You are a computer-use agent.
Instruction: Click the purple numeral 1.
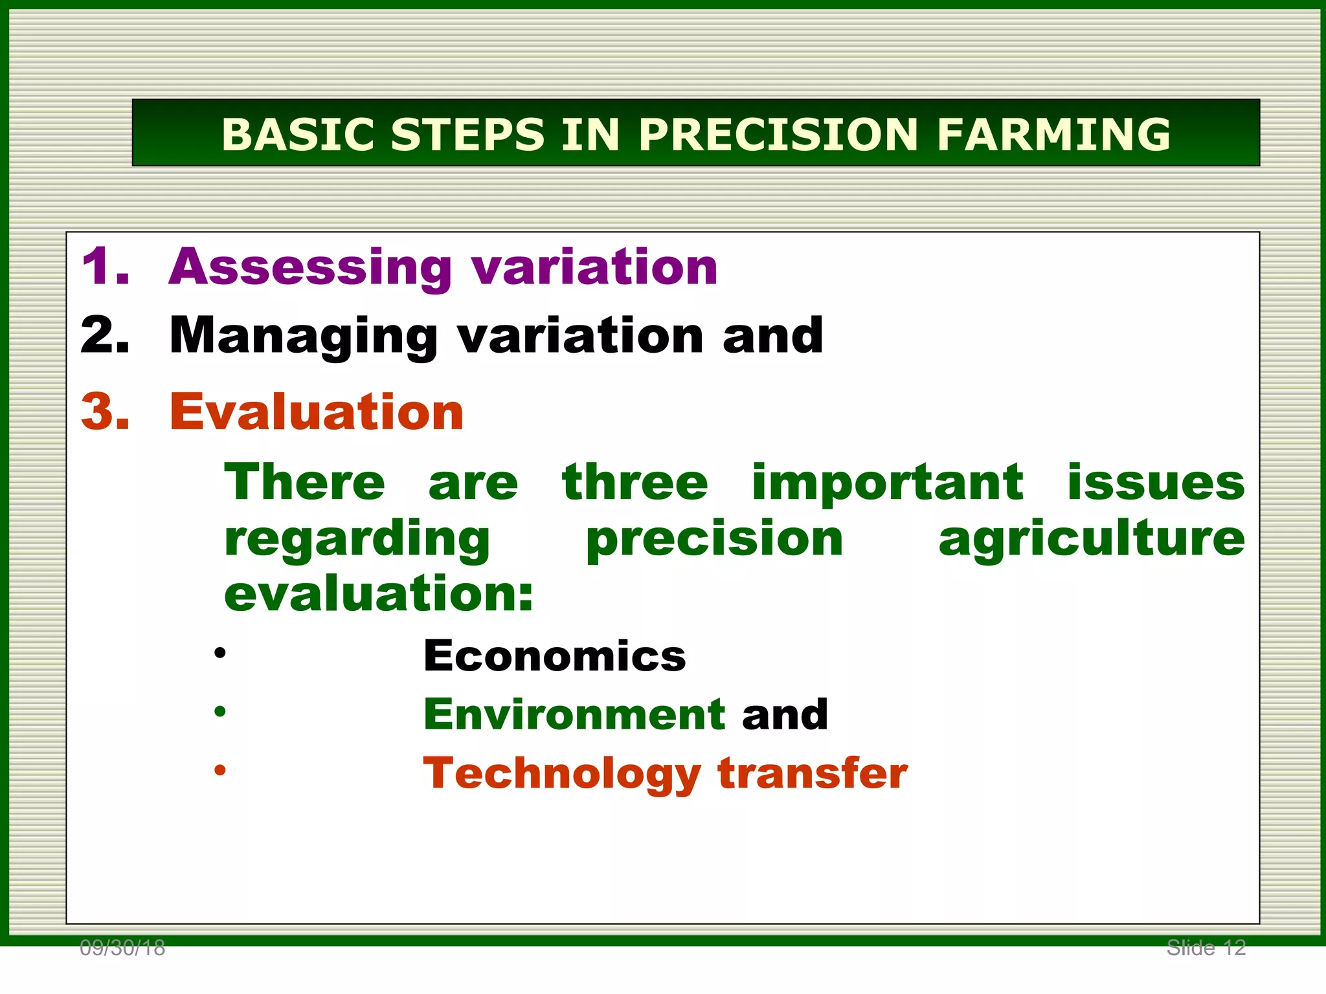click(x=104, y=267)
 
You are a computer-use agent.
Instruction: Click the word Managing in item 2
click(x=304, y=337)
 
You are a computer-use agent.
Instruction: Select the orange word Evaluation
click(x=317, y=412)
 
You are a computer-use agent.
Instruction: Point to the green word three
click(x=635, y=483)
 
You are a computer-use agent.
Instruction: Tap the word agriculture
click(x=1092, y=540)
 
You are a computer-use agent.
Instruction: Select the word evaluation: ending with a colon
click(x=379, y=594)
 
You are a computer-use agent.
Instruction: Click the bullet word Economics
click(x=554, y=656)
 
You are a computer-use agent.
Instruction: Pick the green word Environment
click(x=574, y=714)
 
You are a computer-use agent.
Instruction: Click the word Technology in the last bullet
click(x=561, y=775)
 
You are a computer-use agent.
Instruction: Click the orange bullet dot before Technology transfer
click(x=220, y=770)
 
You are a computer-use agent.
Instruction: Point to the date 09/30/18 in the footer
click(x=122, y=948)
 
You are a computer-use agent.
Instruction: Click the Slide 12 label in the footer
click(x=1206, y=948)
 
